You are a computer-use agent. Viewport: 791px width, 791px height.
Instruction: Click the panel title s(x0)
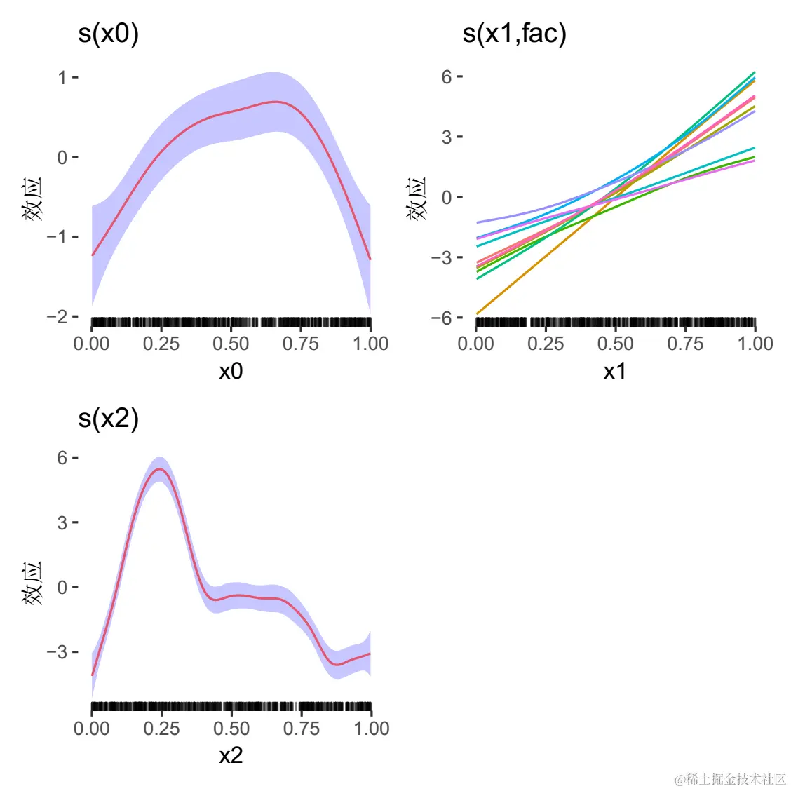[108, 34]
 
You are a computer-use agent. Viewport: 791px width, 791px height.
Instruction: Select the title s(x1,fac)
[514, 34]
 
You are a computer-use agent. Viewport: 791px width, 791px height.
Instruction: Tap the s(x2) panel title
[108, 419]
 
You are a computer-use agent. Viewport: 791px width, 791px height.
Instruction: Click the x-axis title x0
[231, 371]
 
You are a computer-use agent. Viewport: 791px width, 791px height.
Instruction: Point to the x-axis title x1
[615, 371]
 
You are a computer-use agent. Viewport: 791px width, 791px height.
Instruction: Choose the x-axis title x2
[231, 755]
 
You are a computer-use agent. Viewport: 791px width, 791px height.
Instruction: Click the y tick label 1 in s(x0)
[62, 77]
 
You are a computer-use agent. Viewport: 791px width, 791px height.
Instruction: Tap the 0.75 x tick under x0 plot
[301, 344]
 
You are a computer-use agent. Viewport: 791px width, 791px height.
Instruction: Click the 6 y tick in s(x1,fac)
[447, 76]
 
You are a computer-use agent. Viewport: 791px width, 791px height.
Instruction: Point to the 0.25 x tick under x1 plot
[546, 344]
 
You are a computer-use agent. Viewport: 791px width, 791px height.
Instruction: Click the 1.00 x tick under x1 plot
[755, 344]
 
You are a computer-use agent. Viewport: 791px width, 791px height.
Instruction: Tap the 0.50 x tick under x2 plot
[231, 729]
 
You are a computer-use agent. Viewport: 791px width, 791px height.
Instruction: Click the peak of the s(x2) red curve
[160, 468]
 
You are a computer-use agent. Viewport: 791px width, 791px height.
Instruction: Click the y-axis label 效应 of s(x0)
[32, 198]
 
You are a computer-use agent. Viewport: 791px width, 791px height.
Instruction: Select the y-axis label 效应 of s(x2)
[32, 583]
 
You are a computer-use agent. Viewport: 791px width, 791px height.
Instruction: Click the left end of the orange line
[477, 313]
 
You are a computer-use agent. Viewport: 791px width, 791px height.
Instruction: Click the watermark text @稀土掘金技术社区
[730, 779]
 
